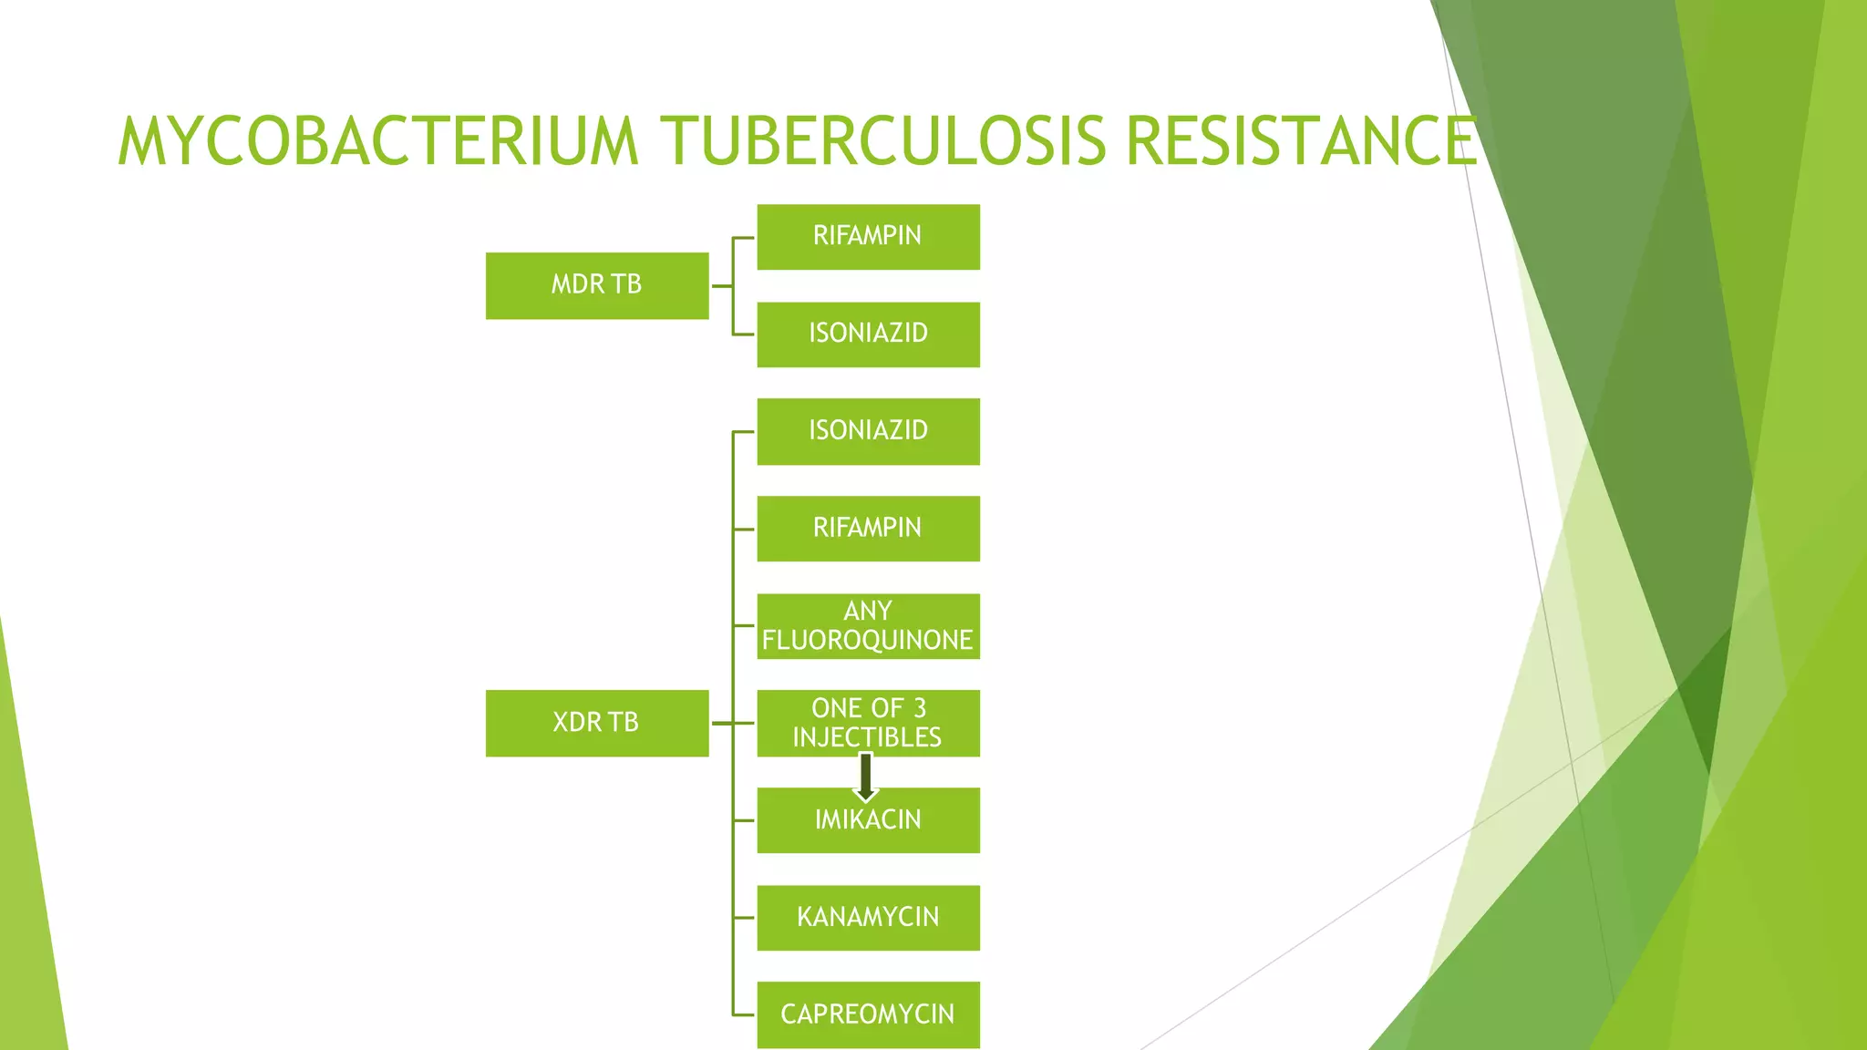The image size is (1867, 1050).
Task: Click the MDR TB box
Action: point(596,285)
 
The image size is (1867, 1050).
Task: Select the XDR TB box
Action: point(596,723)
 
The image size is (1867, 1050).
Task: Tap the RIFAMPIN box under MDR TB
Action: point(868,236)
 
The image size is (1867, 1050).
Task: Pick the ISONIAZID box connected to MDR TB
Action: point(868,334)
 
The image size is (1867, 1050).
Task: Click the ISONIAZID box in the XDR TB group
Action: point(868,431)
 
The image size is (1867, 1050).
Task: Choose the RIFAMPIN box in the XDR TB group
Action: point(868,529)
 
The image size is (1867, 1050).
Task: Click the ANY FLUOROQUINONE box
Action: point(868,626)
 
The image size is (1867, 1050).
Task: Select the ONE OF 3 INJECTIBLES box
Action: point(868,723)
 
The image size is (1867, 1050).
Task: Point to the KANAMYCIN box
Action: point(868,918)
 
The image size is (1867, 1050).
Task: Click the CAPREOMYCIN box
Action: point(868,1014)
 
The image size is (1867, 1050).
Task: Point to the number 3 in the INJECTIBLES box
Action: point(920,708)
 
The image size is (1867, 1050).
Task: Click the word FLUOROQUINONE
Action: point(867,641)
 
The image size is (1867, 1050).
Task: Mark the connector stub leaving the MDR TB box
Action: point(720,286)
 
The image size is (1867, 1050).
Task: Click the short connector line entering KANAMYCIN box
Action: point(744,918)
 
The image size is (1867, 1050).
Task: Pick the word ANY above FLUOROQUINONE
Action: point(867,611)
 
